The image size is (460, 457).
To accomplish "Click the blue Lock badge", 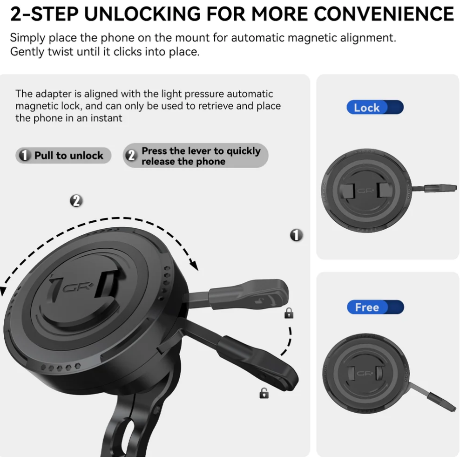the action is click(375, 107).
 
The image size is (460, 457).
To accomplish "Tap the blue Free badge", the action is click(375, 307).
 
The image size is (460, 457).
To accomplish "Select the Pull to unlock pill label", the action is click(63, 155).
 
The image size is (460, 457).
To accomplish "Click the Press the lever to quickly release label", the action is click(196, 156).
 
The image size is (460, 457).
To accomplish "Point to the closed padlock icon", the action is click(289, 313).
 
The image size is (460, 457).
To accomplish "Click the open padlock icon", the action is click(264, 393).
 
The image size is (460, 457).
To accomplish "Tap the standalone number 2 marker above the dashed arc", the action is click(76, 201).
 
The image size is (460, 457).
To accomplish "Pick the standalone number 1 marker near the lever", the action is click(296, 235).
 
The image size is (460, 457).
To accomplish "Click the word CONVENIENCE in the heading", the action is click(384, 14).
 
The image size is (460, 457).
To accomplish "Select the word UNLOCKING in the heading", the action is click(142, 14).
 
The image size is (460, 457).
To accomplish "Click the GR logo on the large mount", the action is click(78, 287).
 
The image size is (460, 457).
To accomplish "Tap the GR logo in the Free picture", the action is click(365, 373).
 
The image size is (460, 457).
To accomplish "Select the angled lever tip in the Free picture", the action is click(441, 402).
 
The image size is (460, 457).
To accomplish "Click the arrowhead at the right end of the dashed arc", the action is click(194, 265).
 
